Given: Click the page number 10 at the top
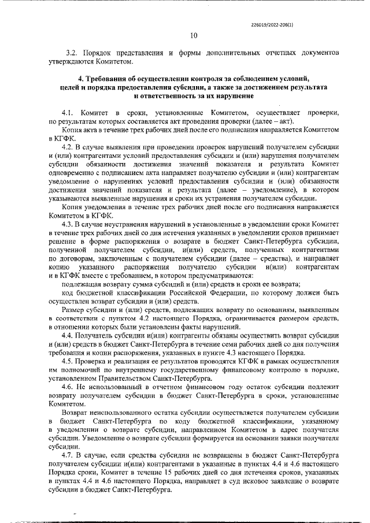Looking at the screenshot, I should (194, 35).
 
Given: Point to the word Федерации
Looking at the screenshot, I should (213, 292).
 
